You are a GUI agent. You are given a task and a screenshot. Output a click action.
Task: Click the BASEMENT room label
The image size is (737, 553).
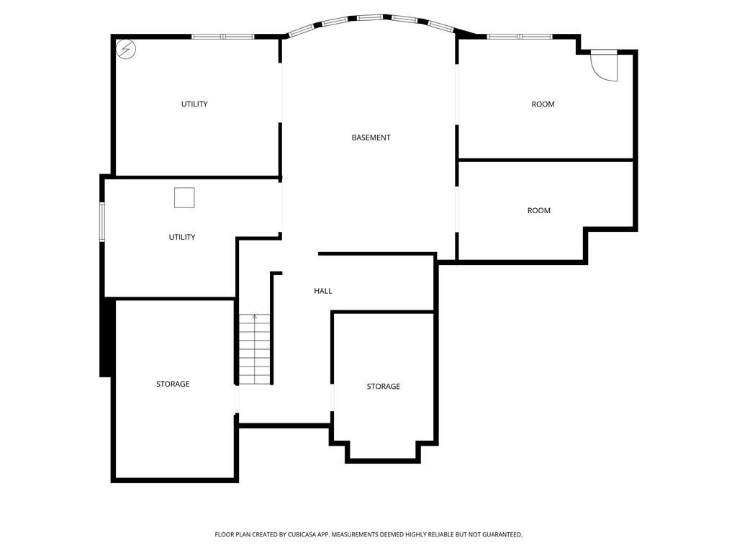[x=371, y=138]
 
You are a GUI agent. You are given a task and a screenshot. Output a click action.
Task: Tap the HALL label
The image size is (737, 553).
[x=323, y=291]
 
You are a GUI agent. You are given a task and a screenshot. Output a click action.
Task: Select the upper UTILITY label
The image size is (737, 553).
[x=194, y=104]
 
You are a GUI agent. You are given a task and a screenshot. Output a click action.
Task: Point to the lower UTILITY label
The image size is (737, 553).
[x=182, y=237]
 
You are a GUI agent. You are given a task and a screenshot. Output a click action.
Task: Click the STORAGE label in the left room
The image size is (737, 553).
[x=173, y=385]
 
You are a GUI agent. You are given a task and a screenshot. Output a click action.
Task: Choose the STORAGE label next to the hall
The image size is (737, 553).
[x=384, y=387]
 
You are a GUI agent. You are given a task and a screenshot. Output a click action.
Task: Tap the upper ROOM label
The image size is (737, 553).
[x=543, y=104]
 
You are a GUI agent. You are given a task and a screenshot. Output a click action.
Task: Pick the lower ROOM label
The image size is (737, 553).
[x=538, y=211]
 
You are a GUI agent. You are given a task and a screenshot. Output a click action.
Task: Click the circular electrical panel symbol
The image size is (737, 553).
[x=126, y=50]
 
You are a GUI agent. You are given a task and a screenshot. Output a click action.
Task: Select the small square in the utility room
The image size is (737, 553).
[x=184, y=197]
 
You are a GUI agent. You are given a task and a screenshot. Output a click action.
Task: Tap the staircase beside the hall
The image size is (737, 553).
[x=255, y=349]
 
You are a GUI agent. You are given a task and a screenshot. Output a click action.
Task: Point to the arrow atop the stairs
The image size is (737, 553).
[x=255, y=318]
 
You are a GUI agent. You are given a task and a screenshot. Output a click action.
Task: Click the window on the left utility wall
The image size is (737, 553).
[x=102, y=222]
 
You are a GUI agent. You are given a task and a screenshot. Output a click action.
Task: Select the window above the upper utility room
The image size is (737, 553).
[x=223, y=37]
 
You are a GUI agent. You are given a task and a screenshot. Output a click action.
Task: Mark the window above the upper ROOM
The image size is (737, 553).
[x=520, y=37]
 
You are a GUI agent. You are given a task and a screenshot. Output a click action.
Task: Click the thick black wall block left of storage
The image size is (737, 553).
[x=107, y=337]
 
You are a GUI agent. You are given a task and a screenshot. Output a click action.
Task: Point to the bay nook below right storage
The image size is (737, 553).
[x=383, y=451]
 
